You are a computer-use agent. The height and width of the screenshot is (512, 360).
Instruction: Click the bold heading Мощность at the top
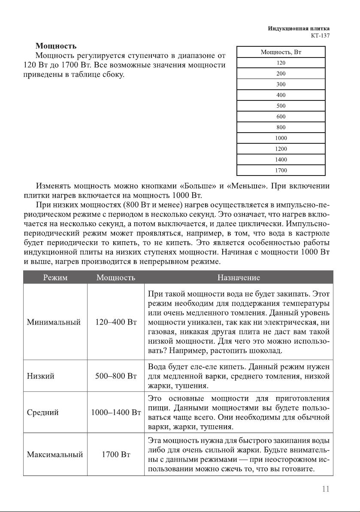pos(56,45)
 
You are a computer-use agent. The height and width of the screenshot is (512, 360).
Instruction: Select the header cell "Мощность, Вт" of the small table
pos(281,52)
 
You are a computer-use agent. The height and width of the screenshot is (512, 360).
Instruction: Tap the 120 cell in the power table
pos(281,63)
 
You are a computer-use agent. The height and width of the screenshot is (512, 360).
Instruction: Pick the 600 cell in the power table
pos(281,116)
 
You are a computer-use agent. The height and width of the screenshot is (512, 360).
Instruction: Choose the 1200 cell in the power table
pos(281,149)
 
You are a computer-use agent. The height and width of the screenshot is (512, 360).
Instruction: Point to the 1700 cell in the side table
pos(281,170)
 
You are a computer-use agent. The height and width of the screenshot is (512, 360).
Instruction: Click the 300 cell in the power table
pos(281,84)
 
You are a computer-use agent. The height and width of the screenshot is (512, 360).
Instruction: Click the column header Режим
pos(55,278)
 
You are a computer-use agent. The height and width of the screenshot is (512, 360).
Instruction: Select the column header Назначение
pos(239,278)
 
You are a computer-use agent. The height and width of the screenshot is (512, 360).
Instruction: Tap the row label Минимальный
pos(54,322)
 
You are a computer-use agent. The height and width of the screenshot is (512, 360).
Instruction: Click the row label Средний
pos(42,413)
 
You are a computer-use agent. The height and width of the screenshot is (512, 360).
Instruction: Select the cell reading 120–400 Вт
pos(115,322)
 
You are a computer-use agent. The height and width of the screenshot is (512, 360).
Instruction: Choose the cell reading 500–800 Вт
pos(115,376)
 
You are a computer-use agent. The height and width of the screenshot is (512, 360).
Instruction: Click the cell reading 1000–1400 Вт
pos(116,413)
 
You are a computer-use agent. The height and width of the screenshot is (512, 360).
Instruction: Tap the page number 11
pos(326,489)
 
